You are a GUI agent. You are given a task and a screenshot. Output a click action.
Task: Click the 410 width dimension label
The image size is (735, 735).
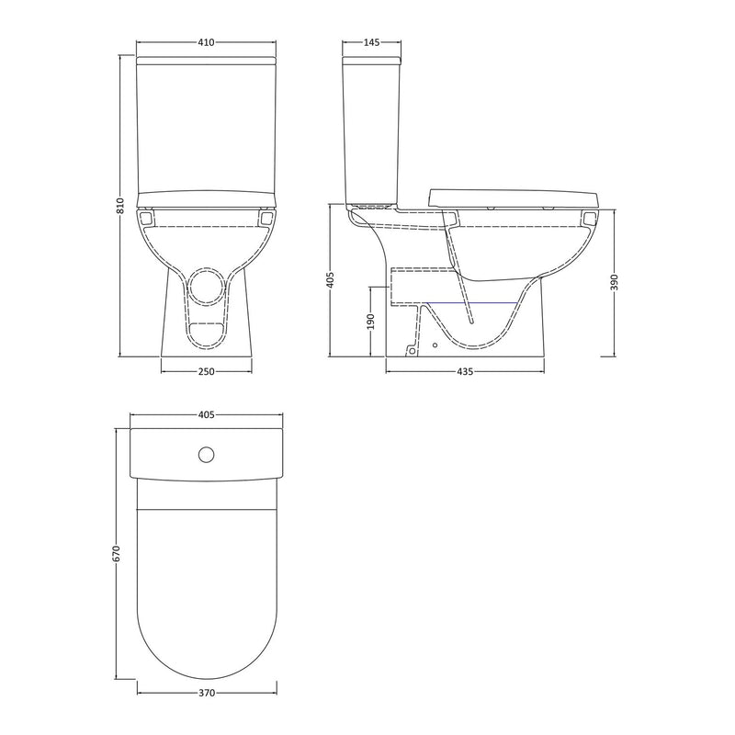(x=206, y=42)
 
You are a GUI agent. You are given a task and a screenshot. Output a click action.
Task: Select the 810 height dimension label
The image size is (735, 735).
(x=120, y=207)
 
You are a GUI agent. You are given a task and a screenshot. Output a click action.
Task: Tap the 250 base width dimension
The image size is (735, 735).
(x=206, y=371)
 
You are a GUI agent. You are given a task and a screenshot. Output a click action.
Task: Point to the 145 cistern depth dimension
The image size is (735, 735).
(x=371, y=42)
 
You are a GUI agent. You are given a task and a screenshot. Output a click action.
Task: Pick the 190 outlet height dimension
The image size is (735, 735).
(x=371, y=321)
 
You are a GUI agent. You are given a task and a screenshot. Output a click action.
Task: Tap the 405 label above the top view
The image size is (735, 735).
(x=206, y=415)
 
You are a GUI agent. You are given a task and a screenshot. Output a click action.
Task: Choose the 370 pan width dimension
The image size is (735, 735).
(x=206, y=693)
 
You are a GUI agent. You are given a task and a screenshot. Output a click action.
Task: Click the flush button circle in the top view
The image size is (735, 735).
(x=206, y=454)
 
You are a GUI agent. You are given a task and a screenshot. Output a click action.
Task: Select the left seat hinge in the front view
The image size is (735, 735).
(x=145, y=220)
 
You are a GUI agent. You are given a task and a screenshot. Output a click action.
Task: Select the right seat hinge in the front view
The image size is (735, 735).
(x=267, y=220)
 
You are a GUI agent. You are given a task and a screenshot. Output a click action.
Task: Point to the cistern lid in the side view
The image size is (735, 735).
(x=371, y=61)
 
